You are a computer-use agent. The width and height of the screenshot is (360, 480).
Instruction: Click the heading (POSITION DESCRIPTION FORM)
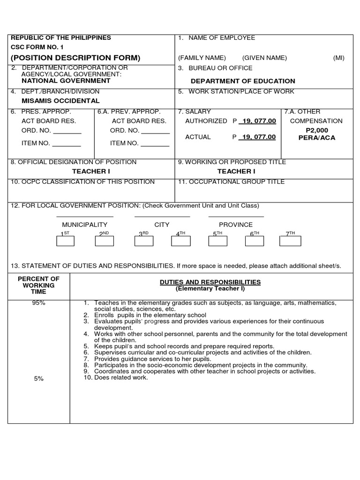(x=75, y=58)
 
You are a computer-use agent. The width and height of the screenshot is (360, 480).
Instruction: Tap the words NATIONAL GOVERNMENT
(x=66, y=81)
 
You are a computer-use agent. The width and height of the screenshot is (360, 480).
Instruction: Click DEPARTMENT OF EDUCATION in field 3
(x=243, y=81)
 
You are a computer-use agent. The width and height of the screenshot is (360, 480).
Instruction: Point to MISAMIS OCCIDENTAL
(x=61, y=101)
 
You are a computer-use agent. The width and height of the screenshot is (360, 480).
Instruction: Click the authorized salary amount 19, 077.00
(x=257, y=121)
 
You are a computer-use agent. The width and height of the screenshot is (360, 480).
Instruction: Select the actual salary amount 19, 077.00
(x=257, y=137)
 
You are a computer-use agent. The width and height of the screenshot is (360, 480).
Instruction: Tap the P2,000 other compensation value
(x=317, y=130)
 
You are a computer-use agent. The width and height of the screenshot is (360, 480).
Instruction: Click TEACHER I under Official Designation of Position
(x=91, y=172)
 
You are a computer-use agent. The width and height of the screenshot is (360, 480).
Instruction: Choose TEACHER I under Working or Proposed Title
(x=236, y=172)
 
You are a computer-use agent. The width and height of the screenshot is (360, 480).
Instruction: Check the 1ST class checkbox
(x=65, y=241)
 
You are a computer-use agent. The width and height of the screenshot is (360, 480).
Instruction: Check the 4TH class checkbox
(x=181, y=241)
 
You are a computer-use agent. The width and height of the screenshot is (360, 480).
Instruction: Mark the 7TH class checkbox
(x=291, y=241)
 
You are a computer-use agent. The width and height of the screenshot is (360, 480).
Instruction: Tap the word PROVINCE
(x=236, y=225)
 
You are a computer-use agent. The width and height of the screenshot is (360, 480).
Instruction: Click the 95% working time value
(x=38, y=303)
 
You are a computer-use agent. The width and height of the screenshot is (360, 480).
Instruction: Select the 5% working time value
(x=38, y=379)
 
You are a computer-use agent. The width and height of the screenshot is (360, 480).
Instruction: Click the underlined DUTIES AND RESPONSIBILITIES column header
(x=210, y=282)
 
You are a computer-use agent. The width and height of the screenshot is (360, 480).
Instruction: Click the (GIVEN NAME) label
(x=264, y=58)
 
